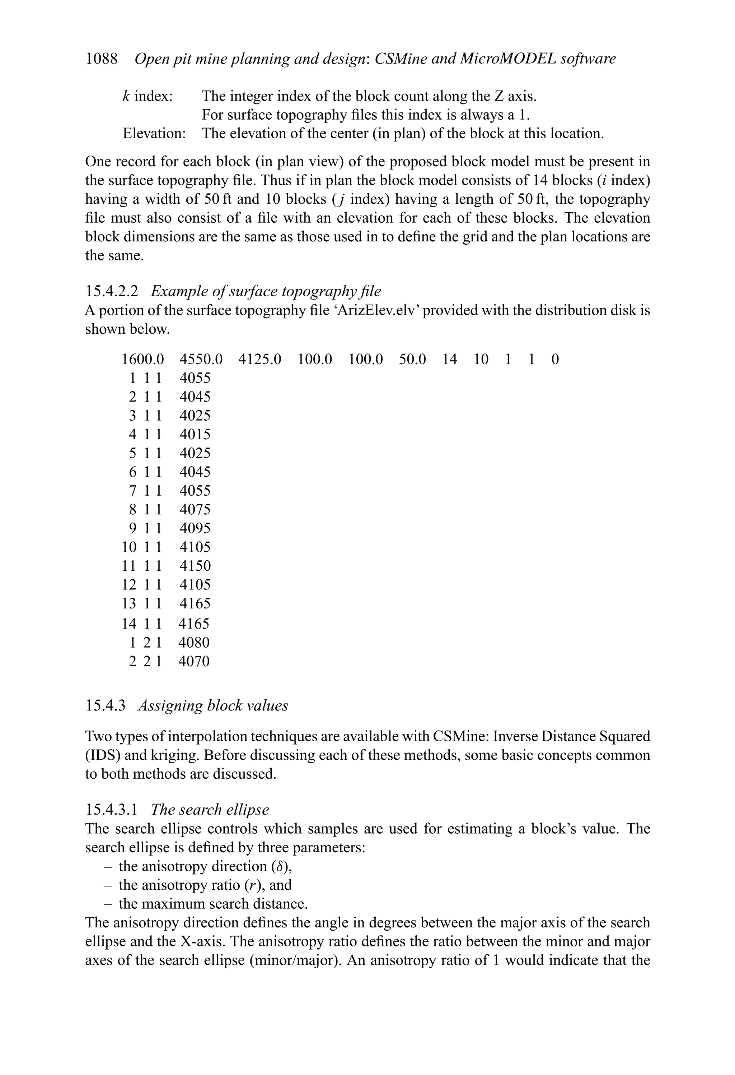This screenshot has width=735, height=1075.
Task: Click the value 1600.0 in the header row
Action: point(143,360)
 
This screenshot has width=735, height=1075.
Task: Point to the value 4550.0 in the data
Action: point(201,360)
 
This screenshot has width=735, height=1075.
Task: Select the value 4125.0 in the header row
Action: point(260,360)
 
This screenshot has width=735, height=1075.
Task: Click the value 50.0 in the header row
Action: point(412,360)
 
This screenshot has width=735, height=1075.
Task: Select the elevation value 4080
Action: point(194,643)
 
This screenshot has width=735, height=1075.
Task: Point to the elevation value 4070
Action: point(194,662)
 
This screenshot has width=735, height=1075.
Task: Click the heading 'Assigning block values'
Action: point(213,705)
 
